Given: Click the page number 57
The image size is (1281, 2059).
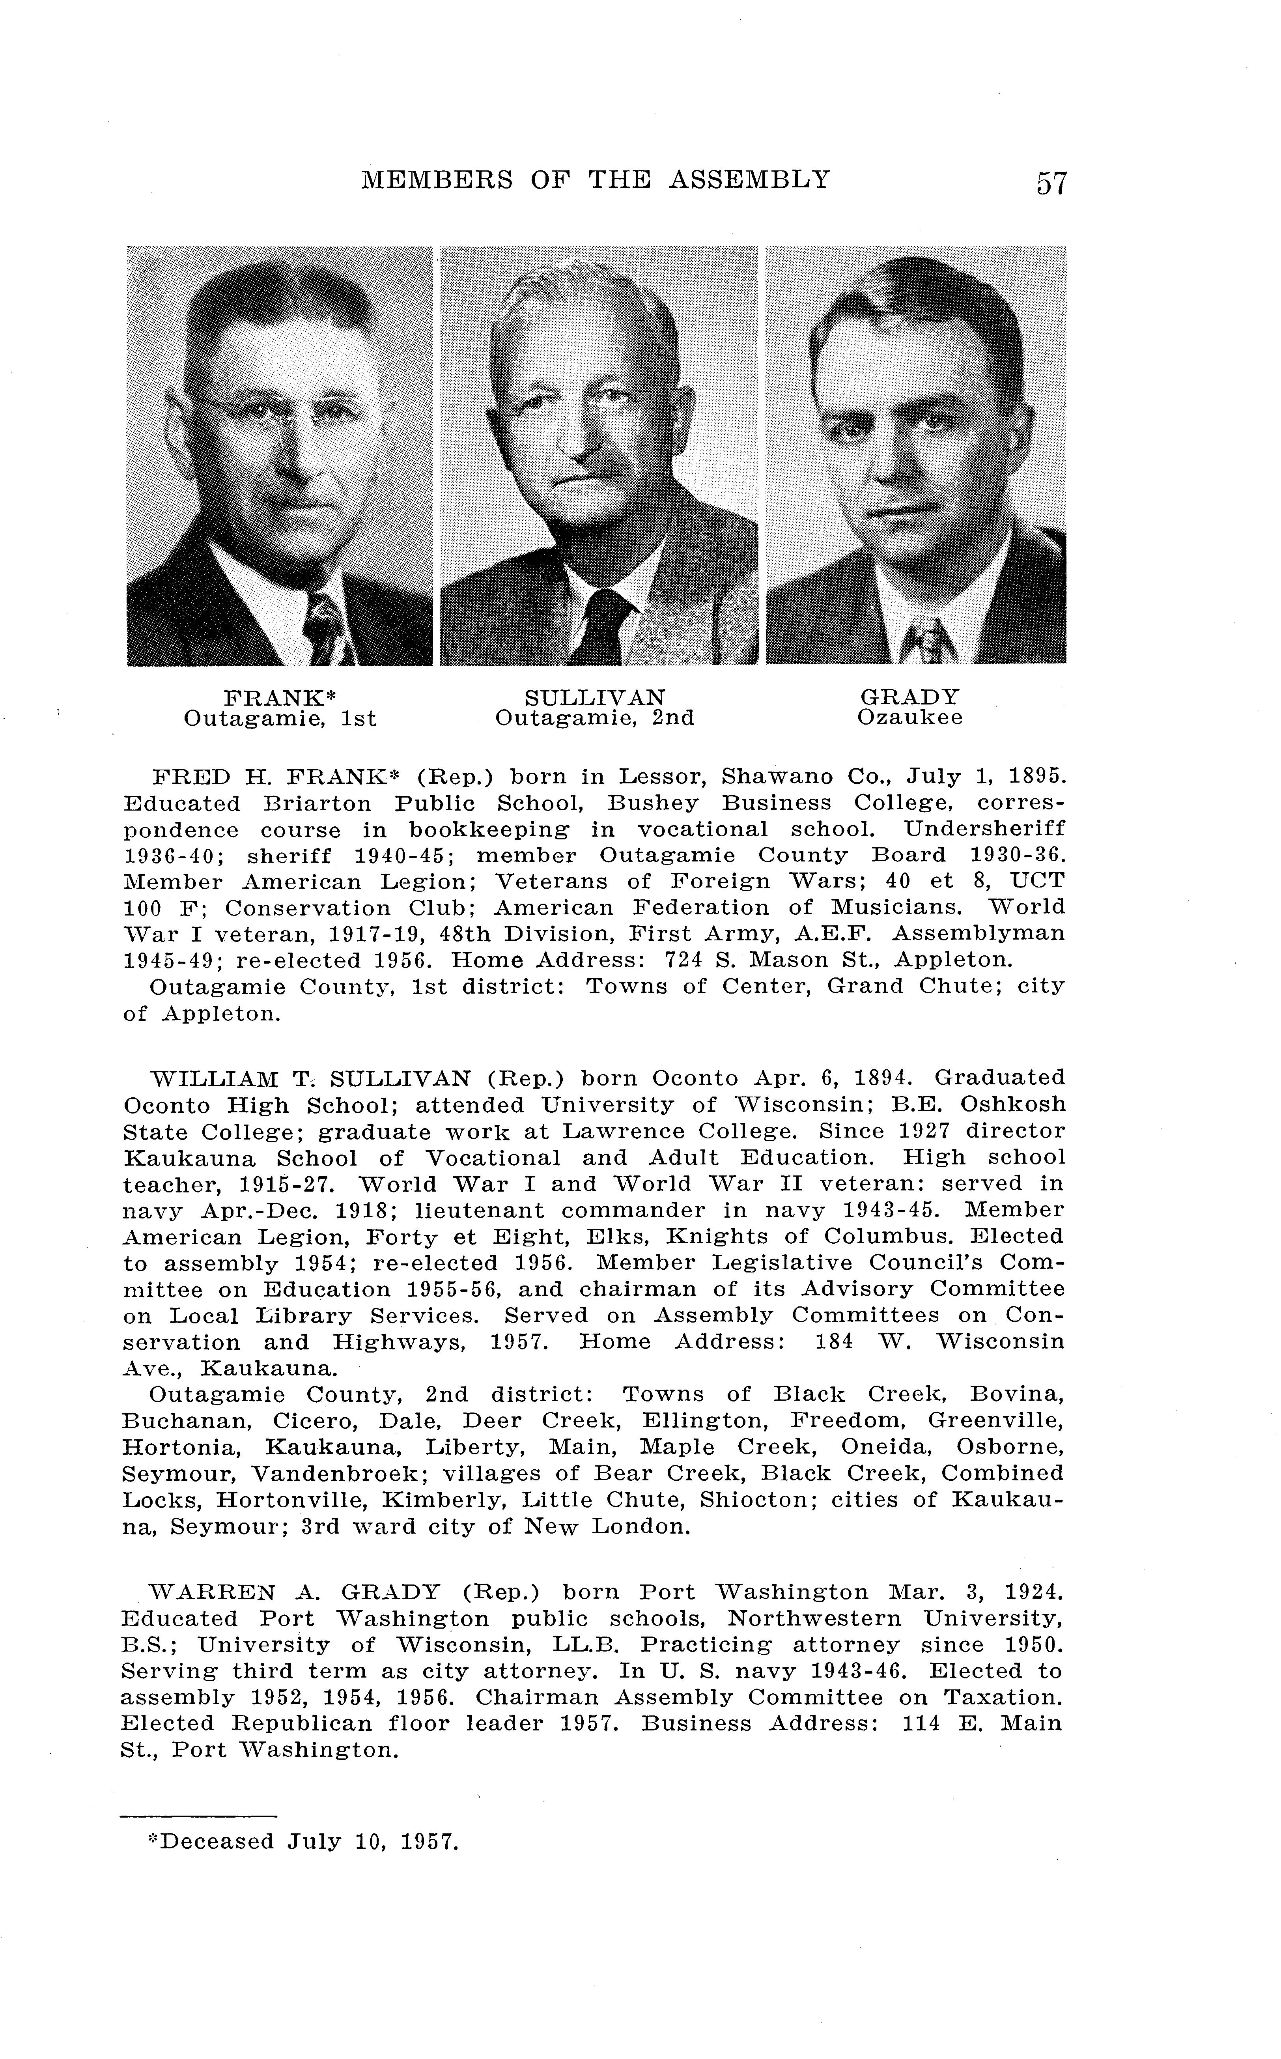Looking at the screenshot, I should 1051,183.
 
